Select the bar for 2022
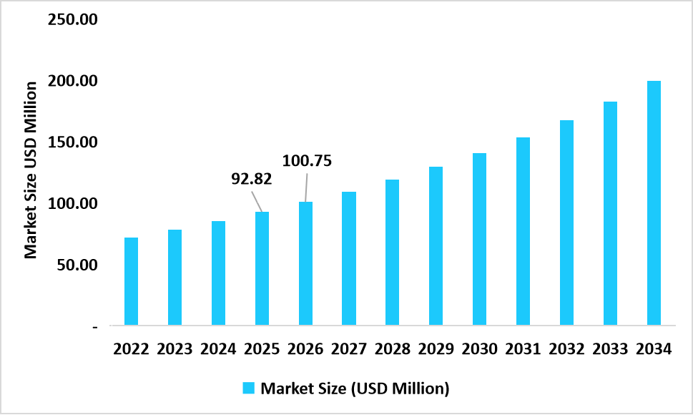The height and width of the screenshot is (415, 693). (x=131, y=281)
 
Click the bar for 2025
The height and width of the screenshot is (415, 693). (x=262, y=268)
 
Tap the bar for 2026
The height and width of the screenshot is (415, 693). (x=305, y=263)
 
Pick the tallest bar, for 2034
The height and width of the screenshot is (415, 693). (x=654, y=203)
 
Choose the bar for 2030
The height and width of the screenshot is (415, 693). (x=479, y=239)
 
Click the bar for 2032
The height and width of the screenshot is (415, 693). (x=566, y=223)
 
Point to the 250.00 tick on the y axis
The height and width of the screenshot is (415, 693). (x=72, y=19)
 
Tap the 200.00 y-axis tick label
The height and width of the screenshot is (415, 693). (x=72, y=81)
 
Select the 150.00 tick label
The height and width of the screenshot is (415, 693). (x=72, y=142)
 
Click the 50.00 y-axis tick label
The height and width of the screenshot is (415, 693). (x=76, y=265)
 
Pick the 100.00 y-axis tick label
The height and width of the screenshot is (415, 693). (x=72, y=204)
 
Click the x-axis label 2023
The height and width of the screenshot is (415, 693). (x=175, y=349)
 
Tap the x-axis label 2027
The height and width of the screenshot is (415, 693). (x=349, y=349)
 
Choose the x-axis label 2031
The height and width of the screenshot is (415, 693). (x=523, y=349)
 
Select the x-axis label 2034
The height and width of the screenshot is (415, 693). (x=654, y=349)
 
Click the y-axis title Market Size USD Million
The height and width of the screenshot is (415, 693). (x=31, y=170)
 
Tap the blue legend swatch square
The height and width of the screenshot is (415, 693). (x=249, y=389)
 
